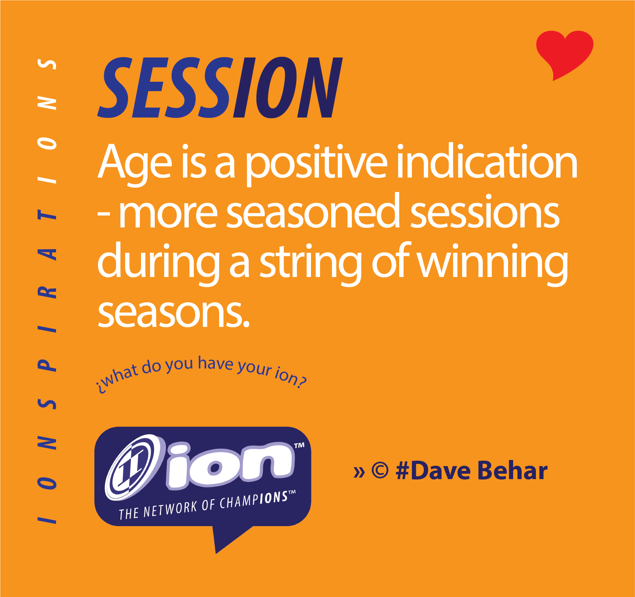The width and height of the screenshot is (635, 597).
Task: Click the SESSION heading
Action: (220, 88)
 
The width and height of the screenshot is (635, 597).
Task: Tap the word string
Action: (311, 263)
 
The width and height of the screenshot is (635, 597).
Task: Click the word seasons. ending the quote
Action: (174, 313)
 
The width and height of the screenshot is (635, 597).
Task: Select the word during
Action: (159, 262)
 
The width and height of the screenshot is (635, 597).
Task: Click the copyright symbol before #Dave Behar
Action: (380, 471)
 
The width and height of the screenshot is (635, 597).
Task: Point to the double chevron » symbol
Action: (359, 472)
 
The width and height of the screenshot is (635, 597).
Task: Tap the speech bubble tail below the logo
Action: (228, 537)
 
